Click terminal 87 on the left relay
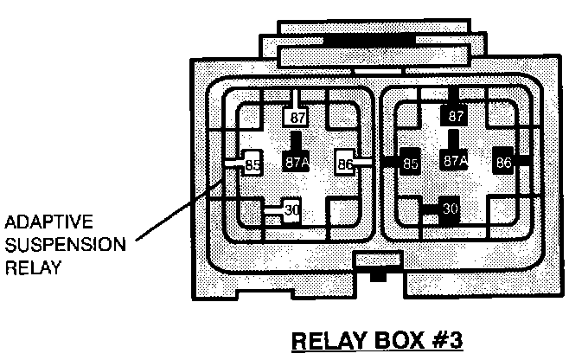[x=297, y=117]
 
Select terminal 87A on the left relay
[x=296, y=161]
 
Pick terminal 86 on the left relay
[x=344, y=161]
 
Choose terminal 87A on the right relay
[x=455, y=161]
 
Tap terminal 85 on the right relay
[x=411, y=162]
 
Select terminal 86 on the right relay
[x=503, y=161]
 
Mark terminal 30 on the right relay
[x=450, y=209]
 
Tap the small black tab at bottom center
[x=376, y=277]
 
